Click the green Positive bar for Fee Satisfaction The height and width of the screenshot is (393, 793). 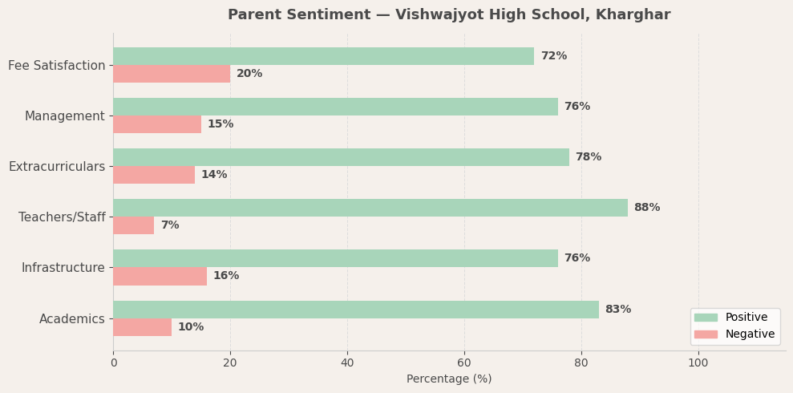click(323, 56)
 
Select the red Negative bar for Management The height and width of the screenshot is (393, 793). click(157, 124)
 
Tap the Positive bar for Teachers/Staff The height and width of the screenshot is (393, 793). click(370, 208)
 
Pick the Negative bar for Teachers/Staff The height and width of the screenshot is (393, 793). click(134, 225)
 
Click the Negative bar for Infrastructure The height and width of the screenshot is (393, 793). click(160, 276)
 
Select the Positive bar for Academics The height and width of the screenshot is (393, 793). click(356, 310)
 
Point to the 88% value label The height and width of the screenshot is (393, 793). click(646, 208)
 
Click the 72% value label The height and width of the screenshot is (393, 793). click(553, 56)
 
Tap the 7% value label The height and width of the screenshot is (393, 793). click(169, 225)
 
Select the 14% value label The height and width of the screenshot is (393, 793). click(214, 175)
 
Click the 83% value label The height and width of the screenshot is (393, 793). click(617, 310)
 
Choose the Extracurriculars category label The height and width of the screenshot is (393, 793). click(57, 167)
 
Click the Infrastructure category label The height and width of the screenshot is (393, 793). click(63, 268)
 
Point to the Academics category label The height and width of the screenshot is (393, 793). click(72, 319)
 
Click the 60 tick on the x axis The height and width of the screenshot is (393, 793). click(464, 363)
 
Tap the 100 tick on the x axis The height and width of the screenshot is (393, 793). click(698, 363)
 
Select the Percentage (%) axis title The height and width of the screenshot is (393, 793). click(449, 379)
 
